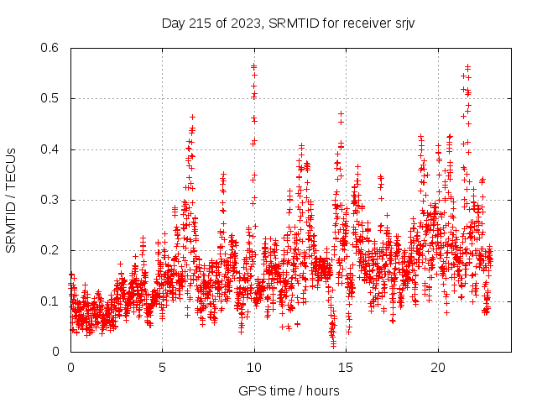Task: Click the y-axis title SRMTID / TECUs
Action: click(x=11, y=200)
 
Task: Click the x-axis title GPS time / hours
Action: click(x=289, y=390)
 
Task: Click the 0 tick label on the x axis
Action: click(x=70, y=368)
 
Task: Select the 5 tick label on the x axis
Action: click(x=162, y=368)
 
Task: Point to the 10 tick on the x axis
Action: click(x=253, y=368)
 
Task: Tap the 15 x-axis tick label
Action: click(x=346, y=368)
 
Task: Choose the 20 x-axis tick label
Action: click(x=437, y=368)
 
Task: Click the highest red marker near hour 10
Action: click(x=253, y=64)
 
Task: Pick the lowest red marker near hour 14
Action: click(x=333, y=345)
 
